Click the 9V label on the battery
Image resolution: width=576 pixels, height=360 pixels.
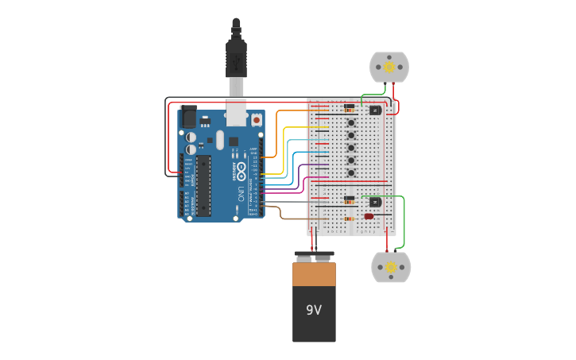pyautogui.click(x=314, y=310)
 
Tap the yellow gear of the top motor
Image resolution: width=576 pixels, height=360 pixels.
pyautogui.click(x=389, y=68)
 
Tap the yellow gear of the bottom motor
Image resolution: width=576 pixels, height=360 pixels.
pyautogui.click(x=391, y=268)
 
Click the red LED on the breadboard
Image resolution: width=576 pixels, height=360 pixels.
pyautogui.click(x=369, y=216)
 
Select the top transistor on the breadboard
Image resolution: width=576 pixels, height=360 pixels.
pyautogui.click(x=375, y=110)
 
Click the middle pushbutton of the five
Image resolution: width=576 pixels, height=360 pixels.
pyautogui.click(x=350, y=147)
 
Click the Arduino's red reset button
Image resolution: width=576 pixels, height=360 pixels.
pyautogui.click(x=256, y=120)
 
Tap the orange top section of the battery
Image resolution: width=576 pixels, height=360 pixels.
pyautogui.click(x=314, y=274)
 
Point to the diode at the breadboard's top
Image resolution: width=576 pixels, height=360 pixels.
pyautogui.click(x=349, y=106)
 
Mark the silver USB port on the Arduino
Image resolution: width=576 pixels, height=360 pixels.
pyautogui.click(x=236, y=114)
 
